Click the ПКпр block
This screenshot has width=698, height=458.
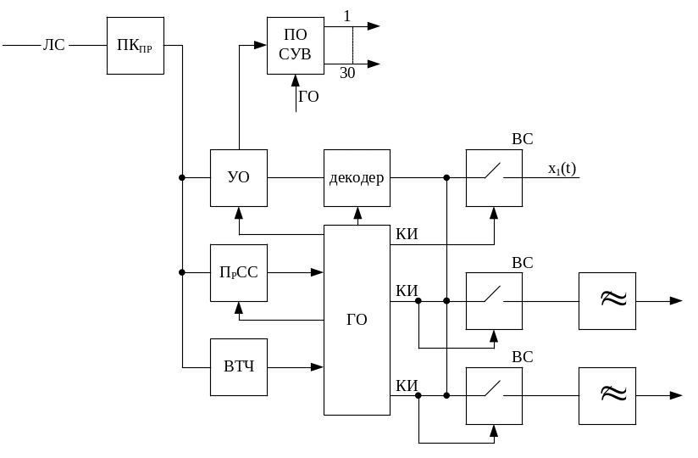coord(136,45)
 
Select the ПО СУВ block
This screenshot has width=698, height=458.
coord(296,45)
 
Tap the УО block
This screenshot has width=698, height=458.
coord(239,178)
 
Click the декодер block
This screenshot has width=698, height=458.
coord(357,178)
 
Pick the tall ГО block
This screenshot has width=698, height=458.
coord(357,321)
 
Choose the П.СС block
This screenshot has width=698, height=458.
coord(239,272)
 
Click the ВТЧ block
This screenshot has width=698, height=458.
coord(239,366)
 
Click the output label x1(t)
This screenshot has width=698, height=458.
coord(562,169)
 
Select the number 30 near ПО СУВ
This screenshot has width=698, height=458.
coord(346,74)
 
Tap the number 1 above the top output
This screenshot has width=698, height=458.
coord(346,16)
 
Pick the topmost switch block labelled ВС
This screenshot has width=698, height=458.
coord(494,178)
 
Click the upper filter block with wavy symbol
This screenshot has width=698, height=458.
coord(607,300)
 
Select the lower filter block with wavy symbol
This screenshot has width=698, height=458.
coord(607,395)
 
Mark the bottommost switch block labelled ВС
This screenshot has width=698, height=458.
coord(494,395)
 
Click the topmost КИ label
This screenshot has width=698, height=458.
coord(407,234)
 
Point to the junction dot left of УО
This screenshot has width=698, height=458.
coord(182,178)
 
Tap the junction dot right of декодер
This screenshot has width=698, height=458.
coord(446,178)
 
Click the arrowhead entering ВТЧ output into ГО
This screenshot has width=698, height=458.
coord(318,366)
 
